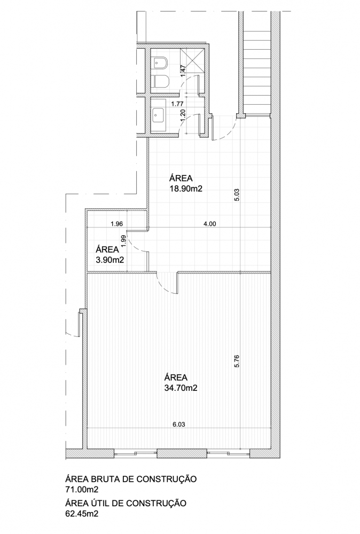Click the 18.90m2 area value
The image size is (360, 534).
[186, 189]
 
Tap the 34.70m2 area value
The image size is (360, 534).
[181, 388]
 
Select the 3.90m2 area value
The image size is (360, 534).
[109, 260]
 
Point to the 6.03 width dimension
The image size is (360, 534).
[179, 425]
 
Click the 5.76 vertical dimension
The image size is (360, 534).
[237, 361]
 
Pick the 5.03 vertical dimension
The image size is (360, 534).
[237, 195]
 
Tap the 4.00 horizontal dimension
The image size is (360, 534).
[209, 224]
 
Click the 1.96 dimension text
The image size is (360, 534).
[117, 224]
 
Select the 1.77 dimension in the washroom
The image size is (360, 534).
[177, 104]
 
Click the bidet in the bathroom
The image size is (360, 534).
[160, 62]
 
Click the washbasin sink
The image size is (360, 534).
[159, 115]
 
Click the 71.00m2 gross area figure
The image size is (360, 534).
[82, 490]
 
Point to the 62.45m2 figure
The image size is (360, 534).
[82, 514]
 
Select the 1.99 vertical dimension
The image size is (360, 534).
[123, 241]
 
